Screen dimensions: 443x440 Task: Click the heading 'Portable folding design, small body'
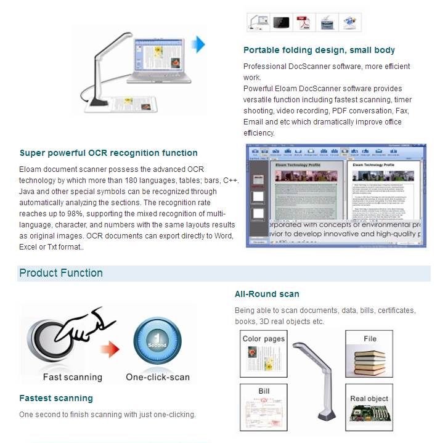(x=319, y=50)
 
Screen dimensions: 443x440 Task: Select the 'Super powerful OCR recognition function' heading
(x=108, y=153)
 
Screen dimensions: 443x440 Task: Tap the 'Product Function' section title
(x=61, y=273)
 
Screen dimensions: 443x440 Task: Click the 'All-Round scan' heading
(x=267, y=294)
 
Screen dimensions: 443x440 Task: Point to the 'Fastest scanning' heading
(x=56, y=398)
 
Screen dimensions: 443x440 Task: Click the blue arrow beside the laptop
(x=197, y=44)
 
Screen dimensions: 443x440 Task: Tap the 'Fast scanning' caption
(x=72, y=377)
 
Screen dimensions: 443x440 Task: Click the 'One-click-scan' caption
(x=158, y=377)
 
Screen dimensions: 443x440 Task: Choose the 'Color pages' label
(x=264, y=339)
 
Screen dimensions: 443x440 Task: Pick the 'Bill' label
(x=264, y=391)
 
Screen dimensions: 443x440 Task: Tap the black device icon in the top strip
(x=281, y=23)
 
